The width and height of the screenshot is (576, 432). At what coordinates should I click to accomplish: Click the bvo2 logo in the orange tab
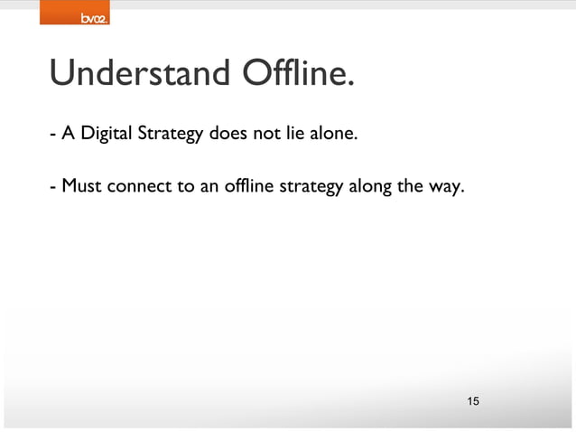94,17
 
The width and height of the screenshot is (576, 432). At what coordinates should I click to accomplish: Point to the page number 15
473,400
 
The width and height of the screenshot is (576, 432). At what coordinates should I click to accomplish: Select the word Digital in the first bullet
106,136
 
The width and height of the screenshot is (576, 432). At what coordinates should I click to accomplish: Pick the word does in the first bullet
228,136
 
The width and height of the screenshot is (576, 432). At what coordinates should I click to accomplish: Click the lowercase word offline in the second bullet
244,188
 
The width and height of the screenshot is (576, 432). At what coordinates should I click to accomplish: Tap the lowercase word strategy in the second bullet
309,188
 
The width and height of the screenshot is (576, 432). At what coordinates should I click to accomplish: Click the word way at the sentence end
446,188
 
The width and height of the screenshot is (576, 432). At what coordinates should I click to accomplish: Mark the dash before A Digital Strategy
52,137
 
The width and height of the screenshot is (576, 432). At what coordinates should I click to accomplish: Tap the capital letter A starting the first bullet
67,136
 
